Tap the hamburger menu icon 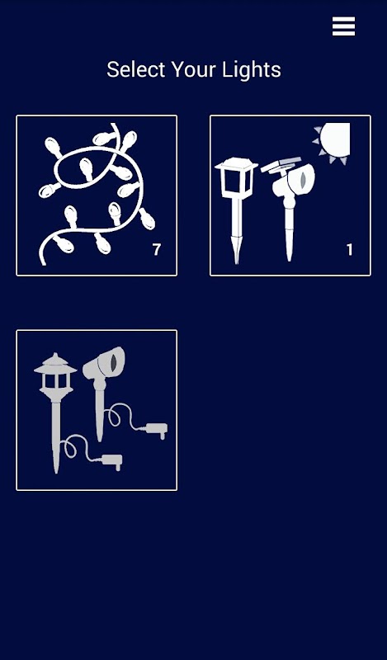point(343,26)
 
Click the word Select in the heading point(135,69)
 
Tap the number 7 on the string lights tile point(157,250)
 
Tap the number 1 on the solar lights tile point(349,250)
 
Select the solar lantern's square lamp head point(236,177)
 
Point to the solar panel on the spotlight point(281,164)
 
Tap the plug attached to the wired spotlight point(156,430)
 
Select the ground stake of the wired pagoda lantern point(56,438)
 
